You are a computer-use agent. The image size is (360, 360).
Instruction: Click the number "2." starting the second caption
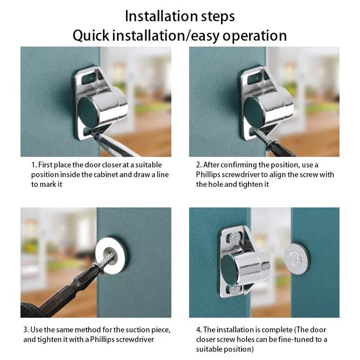[x=199, y=165]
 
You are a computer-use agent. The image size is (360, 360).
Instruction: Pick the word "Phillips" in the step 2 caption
[x=209, y=175]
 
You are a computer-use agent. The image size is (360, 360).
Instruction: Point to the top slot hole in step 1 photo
[x=93, y=71]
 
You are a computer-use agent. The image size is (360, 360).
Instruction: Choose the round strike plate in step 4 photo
[x=297, y=257]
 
